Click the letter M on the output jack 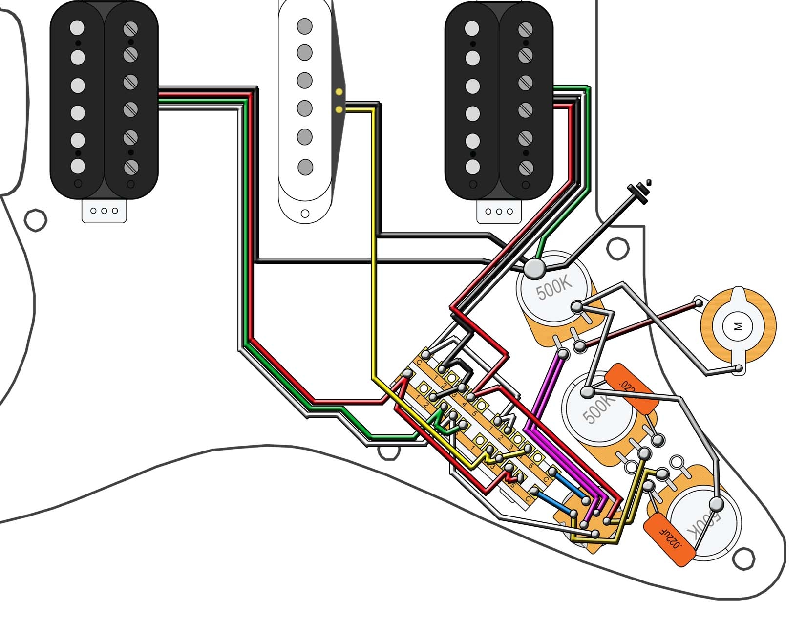click(x=738, y=326)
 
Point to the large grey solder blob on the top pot click(x=534, y=268)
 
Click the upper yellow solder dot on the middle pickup click(x=339, y=91)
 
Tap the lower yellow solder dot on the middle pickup click(x=339, y=109)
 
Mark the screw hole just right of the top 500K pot click(x=617, y=248)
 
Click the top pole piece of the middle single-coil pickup click(x=305, y=25)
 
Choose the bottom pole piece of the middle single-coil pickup click(x=305, y=167)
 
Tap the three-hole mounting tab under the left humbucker click(x=104, y=211)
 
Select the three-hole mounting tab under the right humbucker click(x=499, y=212)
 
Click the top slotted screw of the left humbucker click(x=131, y=29)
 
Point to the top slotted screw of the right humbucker click(x=526, y=29)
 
